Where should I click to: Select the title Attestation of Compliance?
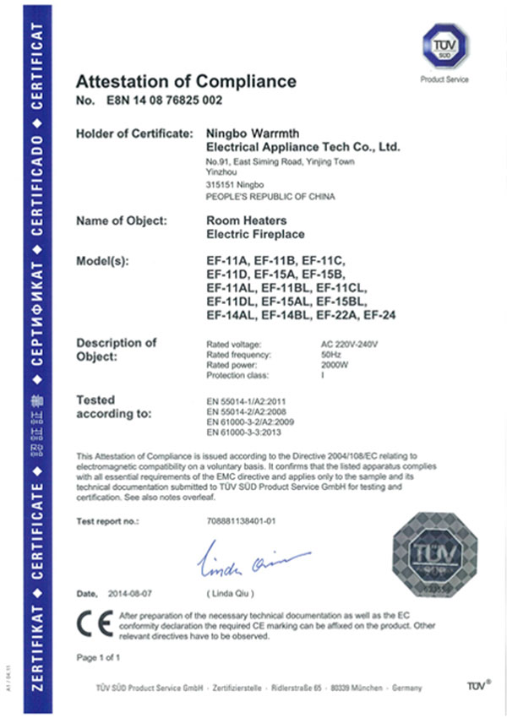point(186,82)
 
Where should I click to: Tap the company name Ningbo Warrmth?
point(249,133)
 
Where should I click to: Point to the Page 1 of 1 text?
point(98,656)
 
